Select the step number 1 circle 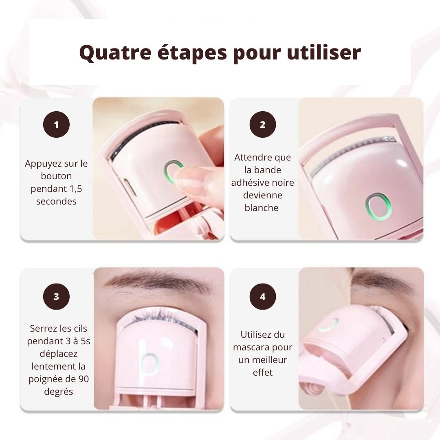coord(56,124)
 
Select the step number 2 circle coord(262,124)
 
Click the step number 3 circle coord(56,297)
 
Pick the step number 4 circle coord(262,297)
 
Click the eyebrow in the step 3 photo coord(159,281)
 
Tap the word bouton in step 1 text coord(56,176)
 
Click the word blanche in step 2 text coord(262,208)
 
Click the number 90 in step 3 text coord(83,379)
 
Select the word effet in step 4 coord(262,372)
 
